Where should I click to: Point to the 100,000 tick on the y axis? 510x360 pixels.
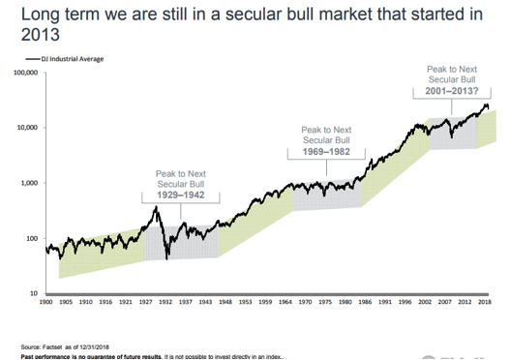click(x=24, y=73)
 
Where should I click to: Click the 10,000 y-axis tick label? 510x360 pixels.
click(x=26, y=128)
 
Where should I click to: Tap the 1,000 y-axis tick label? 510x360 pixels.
click(x=28, y=183)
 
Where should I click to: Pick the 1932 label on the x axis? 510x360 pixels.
click(x=167, y=302)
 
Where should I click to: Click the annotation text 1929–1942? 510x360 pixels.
click(x=180, y=195)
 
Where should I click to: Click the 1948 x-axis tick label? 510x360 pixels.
click(x=224, y=302)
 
